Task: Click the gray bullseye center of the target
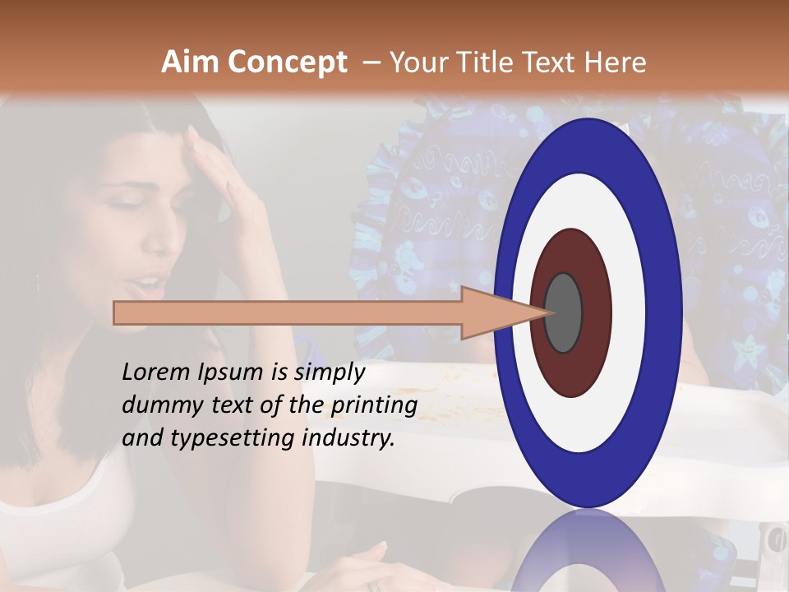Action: [564, 312]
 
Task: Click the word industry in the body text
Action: [348, 438]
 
